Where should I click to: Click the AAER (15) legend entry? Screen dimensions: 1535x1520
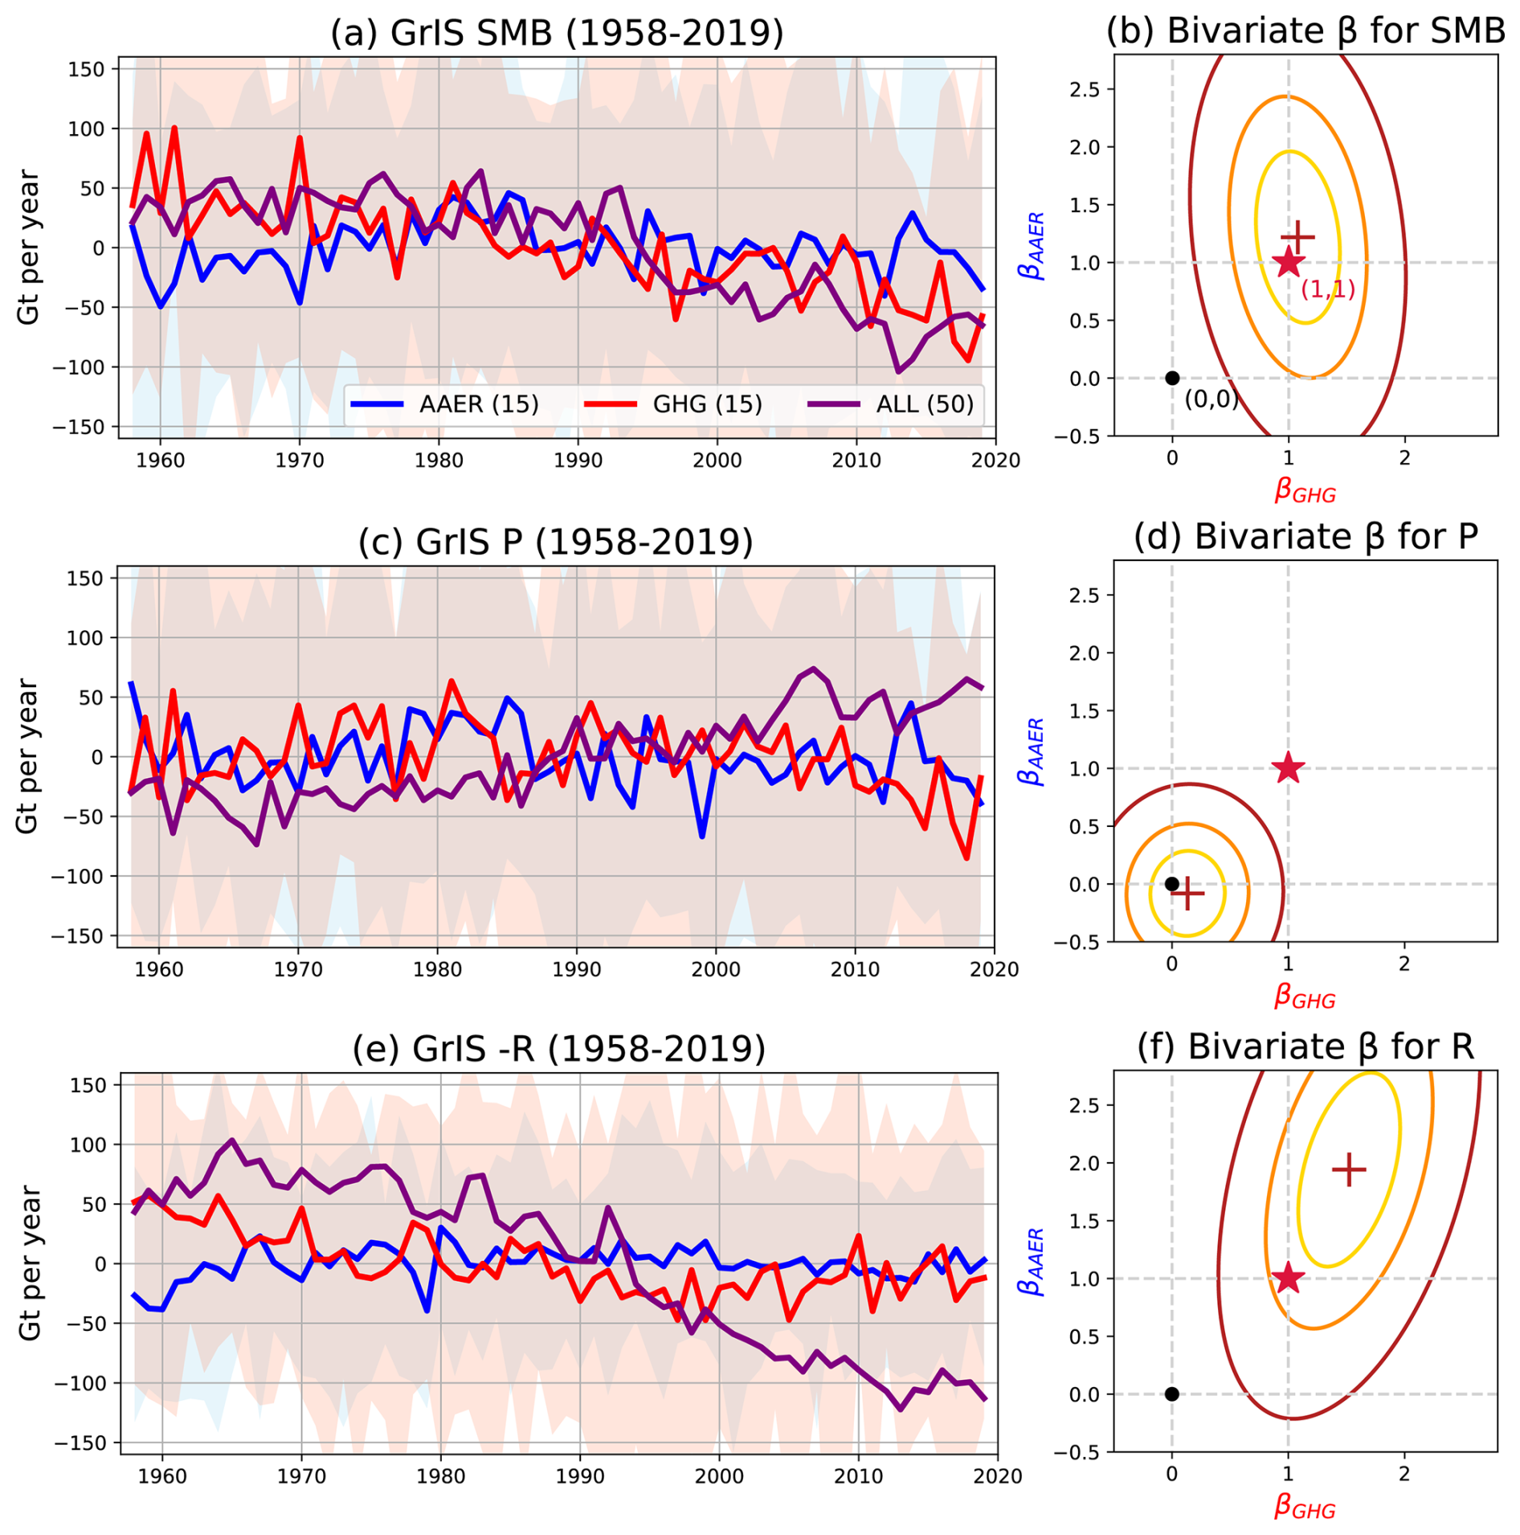click(478, 403)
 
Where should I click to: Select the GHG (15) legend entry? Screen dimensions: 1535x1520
click(707, 403)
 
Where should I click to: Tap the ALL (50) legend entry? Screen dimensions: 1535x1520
click(924, 403)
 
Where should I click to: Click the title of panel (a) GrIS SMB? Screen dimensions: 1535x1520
click(556, 33)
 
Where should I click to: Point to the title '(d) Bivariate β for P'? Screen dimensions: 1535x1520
click(1305, 537)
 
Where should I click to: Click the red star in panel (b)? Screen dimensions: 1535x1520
click(1288, 262)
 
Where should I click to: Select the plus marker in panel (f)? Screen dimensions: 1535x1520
click(1348, 1169)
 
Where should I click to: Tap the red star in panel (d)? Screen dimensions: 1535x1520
click(1288, 767)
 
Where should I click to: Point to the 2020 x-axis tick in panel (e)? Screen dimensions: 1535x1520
click(997, 1476)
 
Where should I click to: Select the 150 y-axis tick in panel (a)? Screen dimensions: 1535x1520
click(86, 69)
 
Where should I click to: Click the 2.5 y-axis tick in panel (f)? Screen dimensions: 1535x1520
click(1084, 1105)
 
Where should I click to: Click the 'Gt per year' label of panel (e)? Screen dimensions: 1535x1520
click(29, 1262)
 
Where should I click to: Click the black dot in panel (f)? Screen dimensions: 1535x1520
click(1171, 1394)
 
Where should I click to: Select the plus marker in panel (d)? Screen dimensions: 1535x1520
click(1187, 892)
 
